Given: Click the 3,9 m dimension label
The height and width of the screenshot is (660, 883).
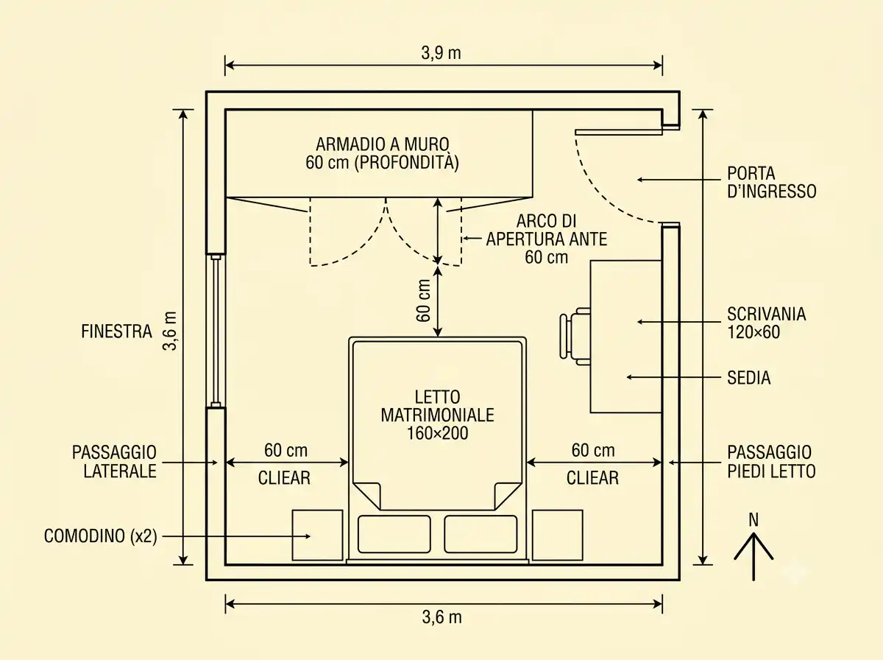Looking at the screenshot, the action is pyautogui.click(x=441, y=53).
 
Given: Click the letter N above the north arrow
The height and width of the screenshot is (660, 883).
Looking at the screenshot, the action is pyautogui.click(x=753, y=520).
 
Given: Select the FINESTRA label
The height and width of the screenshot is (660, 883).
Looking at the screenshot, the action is pyautogui.click(x=117, y=331).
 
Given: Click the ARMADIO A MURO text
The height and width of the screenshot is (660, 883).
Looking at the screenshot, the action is pyautogui.click(x=382, y=144).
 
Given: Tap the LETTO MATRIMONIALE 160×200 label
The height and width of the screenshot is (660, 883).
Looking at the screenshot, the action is pyautogui.click(x=437, y=415).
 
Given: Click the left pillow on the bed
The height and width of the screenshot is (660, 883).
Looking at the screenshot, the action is pyautogui.click(x=394, y=534).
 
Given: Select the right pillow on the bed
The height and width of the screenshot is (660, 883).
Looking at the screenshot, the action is pyautogui.click(x=480, y=534).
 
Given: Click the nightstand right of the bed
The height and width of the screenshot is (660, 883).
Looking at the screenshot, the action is pyautogui.click(x=558, y=536).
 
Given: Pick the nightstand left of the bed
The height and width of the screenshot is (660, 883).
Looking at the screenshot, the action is pyautogui.click(x=317, y=536).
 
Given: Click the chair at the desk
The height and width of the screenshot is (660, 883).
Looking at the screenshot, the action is pyautogui.click(x=575, y=337).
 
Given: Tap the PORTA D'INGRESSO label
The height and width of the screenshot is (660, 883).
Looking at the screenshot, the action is pyautogui.click(x=772, y=183).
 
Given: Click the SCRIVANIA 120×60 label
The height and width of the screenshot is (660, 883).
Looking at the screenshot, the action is pyautogui.click(x=766, y=323).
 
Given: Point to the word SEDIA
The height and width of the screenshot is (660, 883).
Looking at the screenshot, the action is pyautogui.click(x=748, y=378).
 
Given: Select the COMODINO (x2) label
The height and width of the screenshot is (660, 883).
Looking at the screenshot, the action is pyautogui.click(x=100, y=536).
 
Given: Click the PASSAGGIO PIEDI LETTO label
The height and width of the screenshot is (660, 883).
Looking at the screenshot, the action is pyautogui.click(x=771, y=462).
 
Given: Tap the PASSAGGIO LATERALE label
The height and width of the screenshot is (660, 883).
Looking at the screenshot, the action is pyautogui.click(x=114, y=462).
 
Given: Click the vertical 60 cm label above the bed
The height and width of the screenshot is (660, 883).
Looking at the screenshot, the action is pyautogui.click(x=424, y=301).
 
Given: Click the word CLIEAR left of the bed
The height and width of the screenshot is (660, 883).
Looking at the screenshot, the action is pyautogui.click(x=284, y=478).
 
